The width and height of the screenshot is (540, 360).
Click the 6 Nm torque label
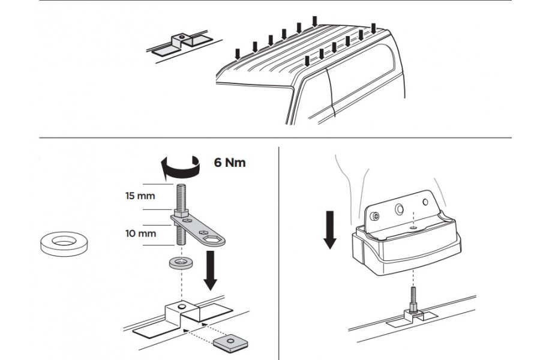[230, 163]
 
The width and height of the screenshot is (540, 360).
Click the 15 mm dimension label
[140, 196]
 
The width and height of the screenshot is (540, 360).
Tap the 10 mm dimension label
[140, 233]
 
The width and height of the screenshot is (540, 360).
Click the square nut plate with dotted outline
[227, 342]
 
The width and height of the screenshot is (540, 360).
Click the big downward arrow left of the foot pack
[330, 228]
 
